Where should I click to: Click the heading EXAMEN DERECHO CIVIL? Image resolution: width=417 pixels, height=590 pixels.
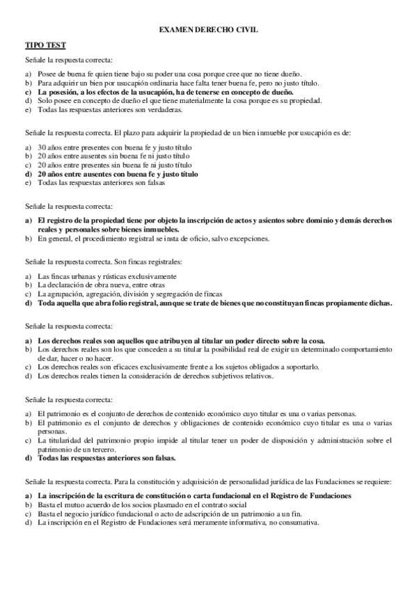208,31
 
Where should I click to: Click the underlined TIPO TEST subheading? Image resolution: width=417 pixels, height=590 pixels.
45,45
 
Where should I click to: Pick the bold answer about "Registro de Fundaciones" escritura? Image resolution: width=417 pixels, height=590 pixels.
194,495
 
